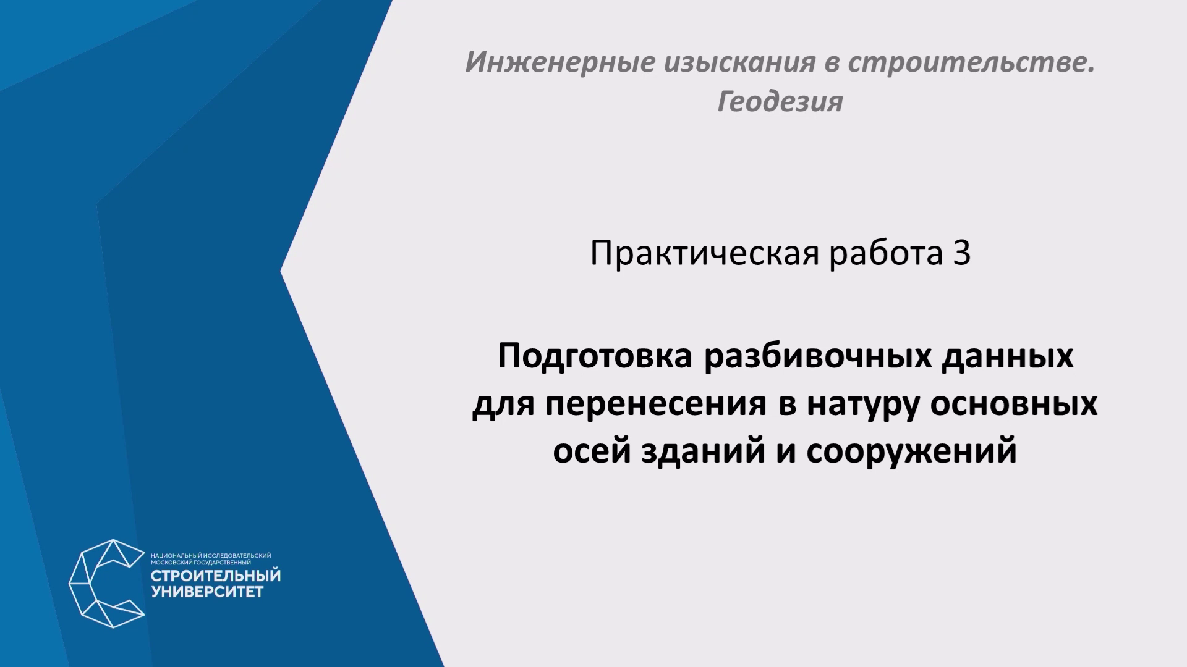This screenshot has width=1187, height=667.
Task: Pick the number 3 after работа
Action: (x=961, y=253)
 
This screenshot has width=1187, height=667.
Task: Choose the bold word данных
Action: (x=1008, y=357)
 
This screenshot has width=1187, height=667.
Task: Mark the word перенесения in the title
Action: (x=655, y=405)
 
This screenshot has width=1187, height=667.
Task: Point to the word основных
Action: (x=1014, y=405)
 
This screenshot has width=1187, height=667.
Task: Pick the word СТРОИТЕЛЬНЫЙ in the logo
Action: (x=216, y=576)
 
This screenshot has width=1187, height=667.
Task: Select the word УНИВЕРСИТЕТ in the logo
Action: (x=207, y=592)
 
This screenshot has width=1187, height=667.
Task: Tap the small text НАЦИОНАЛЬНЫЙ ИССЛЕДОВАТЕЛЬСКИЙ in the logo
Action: (x=211, y=556)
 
